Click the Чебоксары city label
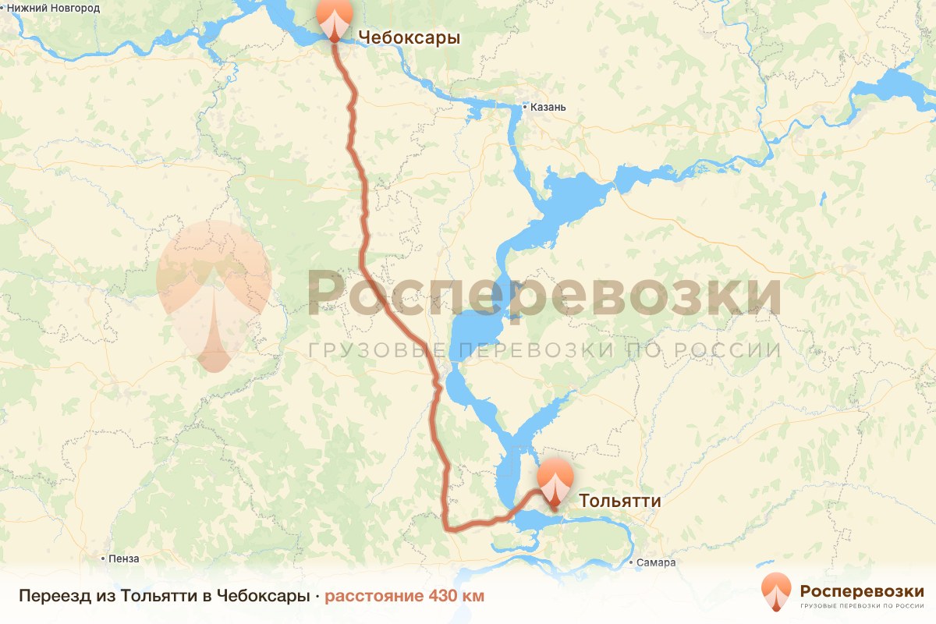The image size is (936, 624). click(x=409, y=37)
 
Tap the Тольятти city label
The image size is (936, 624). click(x=619, y=501)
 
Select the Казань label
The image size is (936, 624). click(x=548, y=108)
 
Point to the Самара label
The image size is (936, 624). click(x=656, y=562)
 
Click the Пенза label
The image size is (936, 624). click(x=125, y=558)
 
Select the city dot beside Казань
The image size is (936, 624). click(x=525, y=108)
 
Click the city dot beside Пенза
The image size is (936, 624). click(x=104, y=558)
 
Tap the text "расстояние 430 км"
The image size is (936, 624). click(x=404, y=597)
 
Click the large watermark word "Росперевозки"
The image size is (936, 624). click(x=544, y=295)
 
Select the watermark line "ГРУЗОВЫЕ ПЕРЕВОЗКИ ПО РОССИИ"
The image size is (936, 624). click(x=544, y=350)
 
